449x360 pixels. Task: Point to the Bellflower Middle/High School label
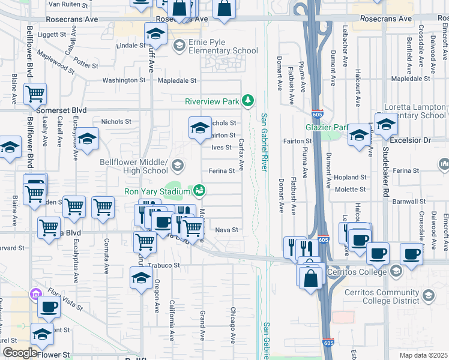pos(133,166)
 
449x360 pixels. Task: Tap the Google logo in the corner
pos(20,353)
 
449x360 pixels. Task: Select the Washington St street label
pos(121,80)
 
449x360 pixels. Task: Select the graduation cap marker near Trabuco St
pos(141,277)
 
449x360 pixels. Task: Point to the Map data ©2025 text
pos(423,355)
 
